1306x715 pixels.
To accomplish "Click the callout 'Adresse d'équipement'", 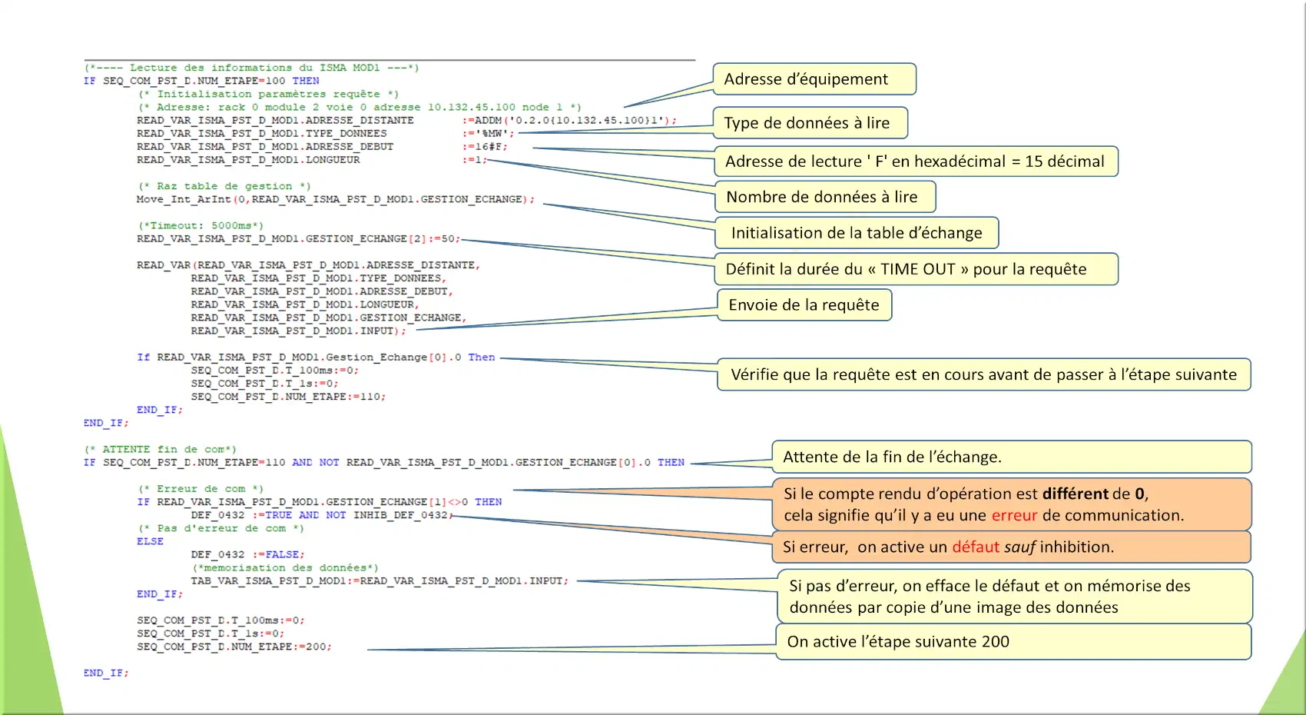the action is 814,78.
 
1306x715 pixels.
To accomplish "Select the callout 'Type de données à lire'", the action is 810,122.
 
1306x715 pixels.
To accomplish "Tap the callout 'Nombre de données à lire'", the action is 825,197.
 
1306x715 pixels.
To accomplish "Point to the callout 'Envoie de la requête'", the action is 804,304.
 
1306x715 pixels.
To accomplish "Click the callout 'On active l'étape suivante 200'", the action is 1013,641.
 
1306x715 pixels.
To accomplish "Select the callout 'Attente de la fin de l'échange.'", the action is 1012,457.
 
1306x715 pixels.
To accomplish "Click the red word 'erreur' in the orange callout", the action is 1015,515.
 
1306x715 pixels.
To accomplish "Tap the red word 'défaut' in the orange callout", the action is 976,547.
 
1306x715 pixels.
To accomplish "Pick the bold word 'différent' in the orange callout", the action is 1075,494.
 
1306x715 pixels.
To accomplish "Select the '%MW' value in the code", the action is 492,134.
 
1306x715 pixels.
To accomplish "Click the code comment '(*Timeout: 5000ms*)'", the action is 201,225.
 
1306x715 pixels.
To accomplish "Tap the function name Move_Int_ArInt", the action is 184,199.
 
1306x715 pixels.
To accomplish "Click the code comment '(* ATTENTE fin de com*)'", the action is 161,450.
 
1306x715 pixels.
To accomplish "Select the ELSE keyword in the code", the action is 150,541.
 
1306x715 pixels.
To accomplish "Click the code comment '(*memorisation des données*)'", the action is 285,568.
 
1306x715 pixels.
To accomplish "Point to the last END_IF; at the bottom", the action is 106,673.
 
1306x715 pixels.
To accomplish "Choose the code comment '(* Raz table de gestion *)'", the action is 224,186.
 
